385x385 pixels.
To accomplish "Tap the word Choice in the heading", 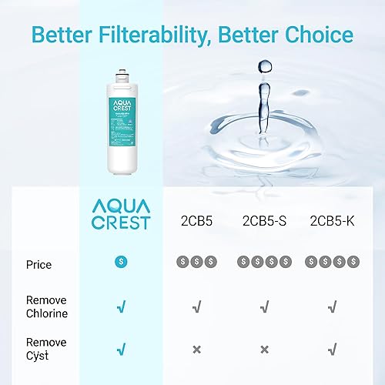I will [x=316, y=35].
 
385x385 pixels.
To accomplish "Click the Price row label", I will [x=38, y=264].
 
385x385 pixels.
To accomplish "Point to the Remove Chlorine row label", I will [x=46, y=306].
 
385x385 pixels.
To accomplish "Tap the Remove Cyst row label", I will [x=46, y=348].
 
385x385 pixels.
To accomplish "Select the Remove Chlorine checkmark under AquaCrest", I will [x=121, y=307].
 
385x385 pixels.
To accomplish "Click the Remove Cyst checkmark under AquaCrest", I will [x=121, y=350].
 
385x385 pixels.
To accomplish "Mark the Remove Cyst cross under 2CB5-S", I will [x=264, y=350].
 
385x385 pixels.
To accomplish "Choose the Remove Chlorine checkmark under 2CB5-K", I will [x=331, y=307].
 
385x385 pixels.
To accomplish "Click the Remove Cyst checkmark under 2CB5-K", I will [x=331, y=350].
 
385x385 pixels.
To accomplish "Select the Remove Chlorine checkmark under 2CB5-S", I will [x=264, y=307].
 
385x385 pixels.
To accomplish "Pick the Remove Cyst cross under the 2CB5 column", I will [x=197, y=350].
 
